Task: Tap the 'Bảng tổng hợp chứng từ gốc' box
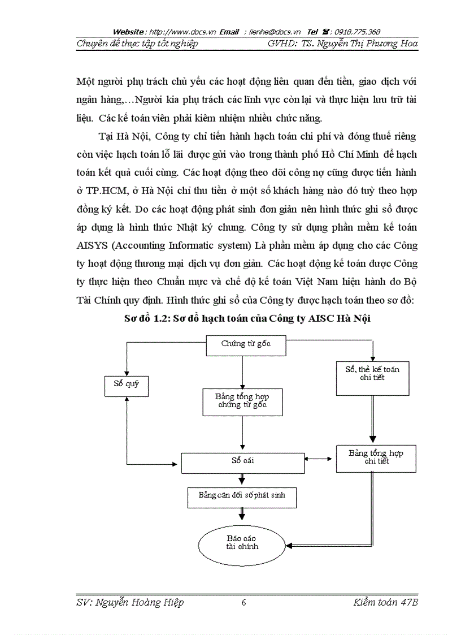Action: point(242,401)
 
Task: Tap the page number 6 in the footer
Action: point(243,603)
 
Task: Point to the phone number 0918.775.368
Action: point(356,32)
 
